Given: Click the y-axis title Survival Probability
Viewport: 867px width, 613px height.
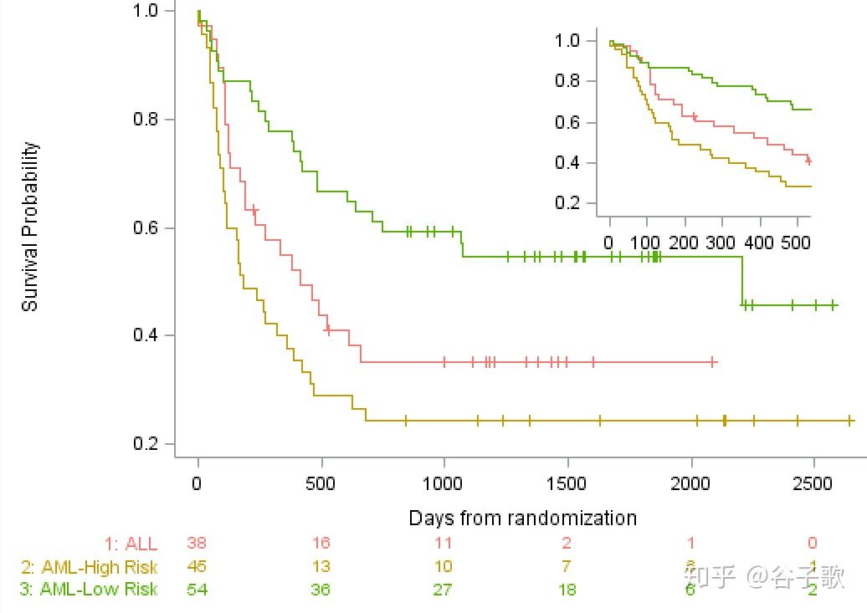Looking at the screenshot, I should click(x=30, y=227).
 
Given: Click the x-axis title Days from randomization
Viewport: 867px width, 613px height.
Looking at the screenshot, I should click(x=522, y=518).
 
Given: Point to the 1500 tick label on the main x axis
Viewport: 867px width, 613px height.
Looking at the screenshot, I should click(x=567, y=484).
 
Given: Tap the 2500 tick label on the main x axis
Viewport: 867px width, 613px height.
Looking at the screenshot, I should click(x=813, y=484).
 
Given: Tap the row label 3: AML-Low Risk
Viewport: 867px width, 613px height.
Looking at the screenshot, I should click(x=89, y=590).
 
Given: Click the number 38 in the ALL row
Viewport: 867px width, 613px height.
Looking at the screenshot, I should click(x=198, y=544).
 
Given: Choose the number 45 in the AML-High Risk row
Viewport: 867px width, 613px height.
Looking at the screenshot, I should click(x=198, y=567).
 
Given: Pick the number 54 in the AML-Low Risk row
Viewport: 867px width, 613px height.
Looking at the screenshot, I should click(x=198, y=590).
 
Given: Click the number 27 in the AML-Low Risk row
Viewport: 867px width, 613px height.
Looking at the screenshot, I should click(x=443, y=590).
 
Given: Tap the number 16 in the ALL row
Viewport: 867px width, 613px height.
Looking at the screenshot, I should click(x=321, y=544).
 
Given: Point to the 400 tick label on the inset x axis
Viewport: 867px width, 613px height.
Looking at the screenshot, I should click(x=760, y=243).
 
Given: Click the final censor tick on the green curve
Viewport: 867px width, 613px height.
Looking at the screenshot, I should click(x=834, y=306).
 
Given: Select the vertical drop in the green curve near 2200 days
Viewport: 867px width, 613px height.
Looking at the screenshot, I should click(x=742, y=281).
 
